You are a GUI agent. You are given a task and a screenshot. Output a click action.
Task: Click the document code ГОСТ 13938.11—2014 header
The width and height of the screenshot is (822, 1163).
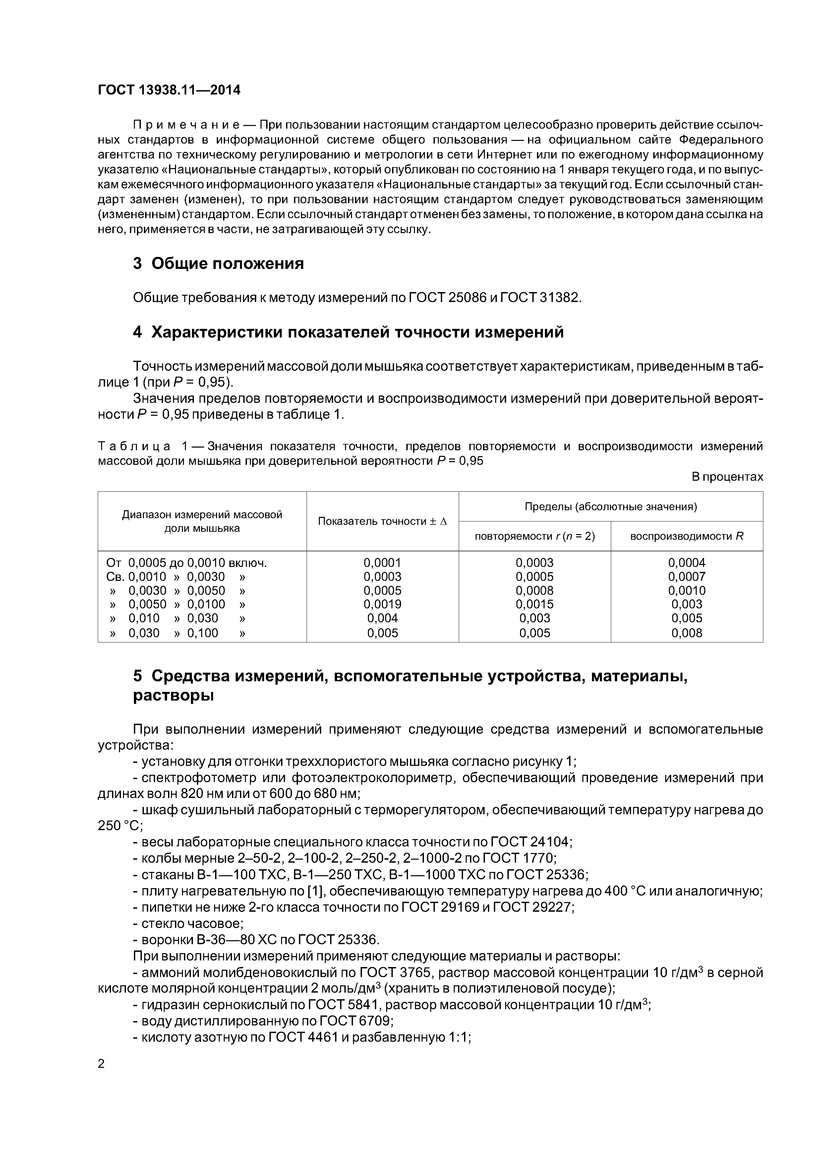coord(169,90)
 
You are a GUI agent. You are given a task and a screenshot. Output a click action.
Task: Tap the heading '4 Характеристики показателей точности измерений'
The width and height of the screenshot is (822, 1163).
coord(348,332)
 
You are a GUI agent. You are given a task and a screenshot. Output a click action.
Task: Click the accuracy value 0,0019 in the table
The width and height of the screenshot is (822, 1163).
coord(382,604)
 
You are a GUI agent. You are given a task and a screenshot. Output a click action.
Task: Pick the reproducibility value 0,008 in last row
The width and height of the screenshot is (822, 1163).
coord(687,633)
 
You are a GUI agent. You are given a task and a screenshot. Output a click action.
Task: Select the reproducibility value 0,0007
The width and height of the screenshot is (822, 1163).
coord(687,577)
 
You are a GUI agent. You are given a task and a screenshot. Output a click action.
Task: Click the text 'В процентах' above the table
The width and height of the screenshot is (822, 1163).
coord(727,477)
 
